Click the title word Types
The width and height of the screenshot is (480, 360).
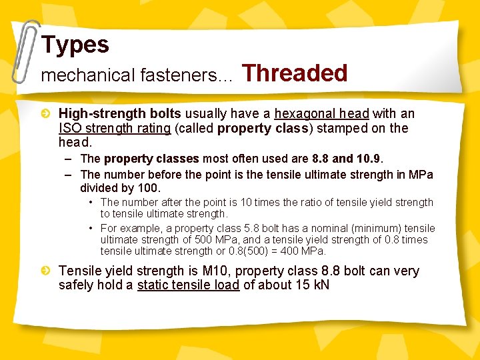[75, 45]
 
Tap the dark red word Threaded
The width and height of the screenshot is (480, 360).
[295, 73]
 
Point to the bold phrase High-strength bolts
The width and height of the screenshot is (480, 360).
[120, 114]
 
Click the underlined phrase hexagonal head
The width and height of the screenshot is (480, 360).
[321, 114]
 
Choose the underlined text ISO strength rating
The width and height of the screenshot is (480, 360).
[115, 128]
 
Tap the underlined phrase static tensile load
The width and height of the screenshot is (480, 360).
[188, 285]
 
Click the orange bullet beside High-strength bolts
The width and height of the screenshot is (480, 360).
[45, 114]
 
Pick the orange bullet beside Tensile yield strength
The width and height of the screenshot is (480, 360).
[45, 271]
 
